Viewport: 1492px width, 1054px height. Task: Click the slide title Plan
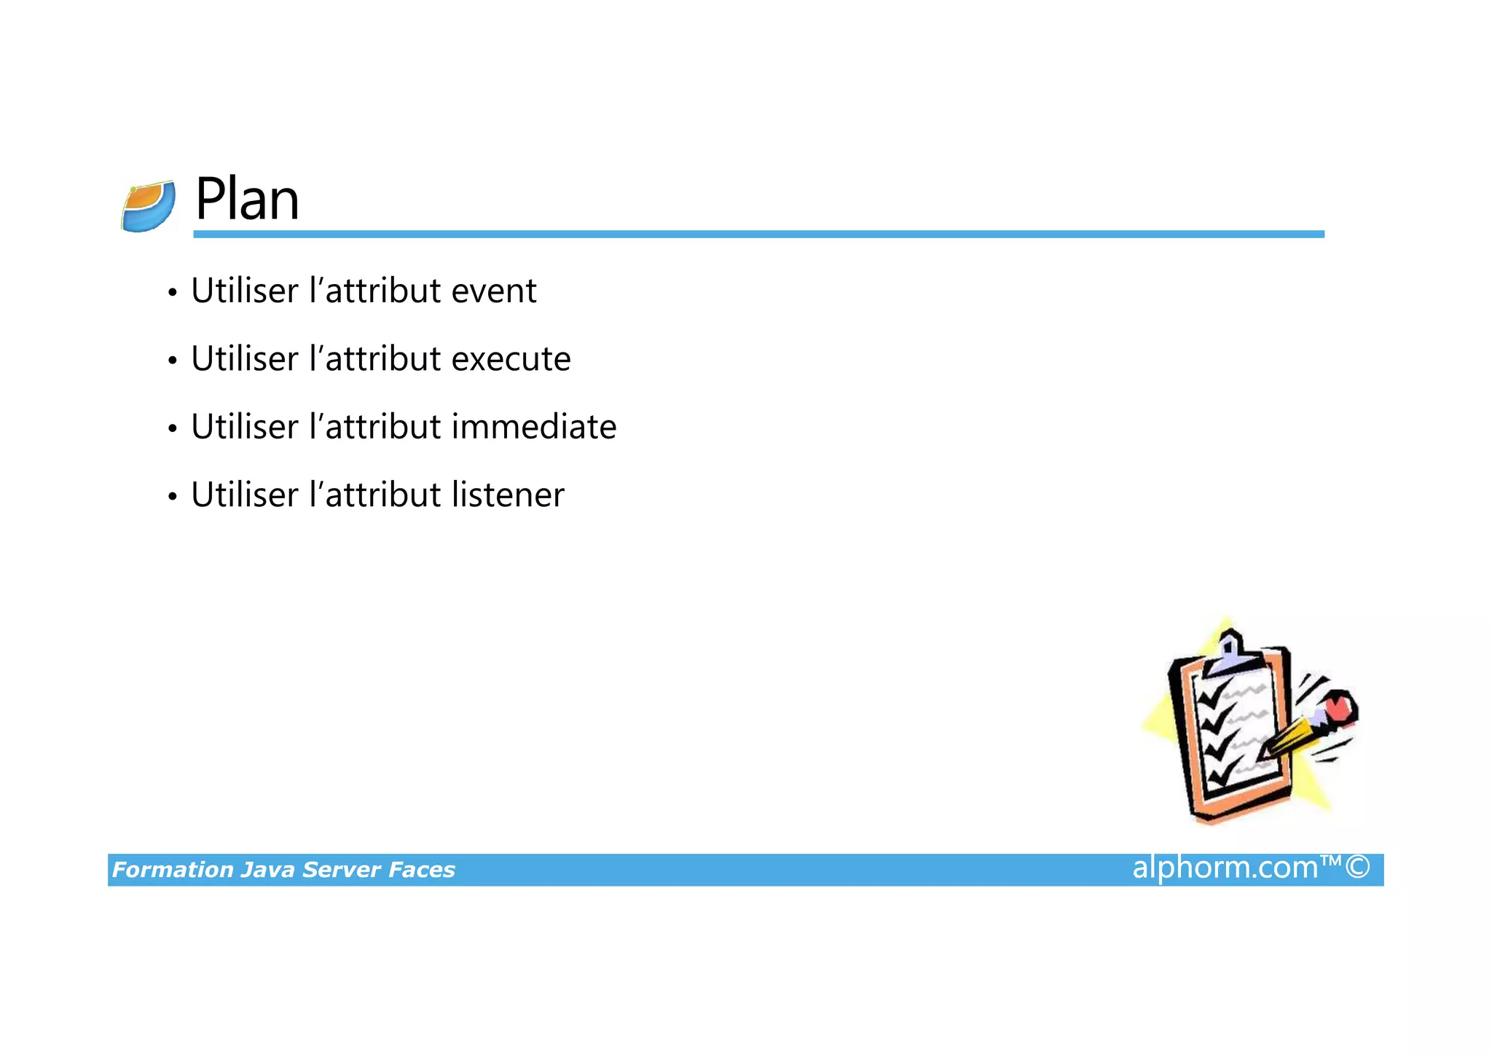point(247,200)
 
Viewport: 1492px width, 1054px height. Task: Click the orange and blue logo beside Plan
point(149,207)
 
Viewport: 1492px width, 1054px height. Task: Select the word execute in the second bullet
point(511,359)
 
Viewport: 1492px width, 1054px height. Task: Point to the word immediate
point(533,427)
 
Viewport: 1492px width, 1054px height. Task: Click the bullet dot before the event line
point(173,294)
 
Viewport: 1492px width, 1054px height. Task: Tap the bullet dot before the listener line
point(173,497)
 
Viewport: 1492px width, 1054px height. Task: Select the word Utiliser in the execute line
point(245,359)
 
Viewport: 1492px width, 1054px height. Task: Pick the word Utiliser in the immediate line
point(245,427)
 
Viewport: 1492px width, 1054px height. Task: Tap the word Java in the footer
point(268,870)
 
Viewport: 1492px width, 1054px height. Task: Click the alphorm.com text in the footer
point(1225,868)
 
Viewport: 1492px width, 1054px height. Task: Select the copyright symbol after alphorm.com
point(1358,868)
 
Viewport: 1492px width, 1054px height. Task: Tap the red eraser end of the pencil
point(1339,707)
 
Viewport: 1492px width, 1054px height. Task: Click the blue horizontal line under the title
point(758,234)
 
